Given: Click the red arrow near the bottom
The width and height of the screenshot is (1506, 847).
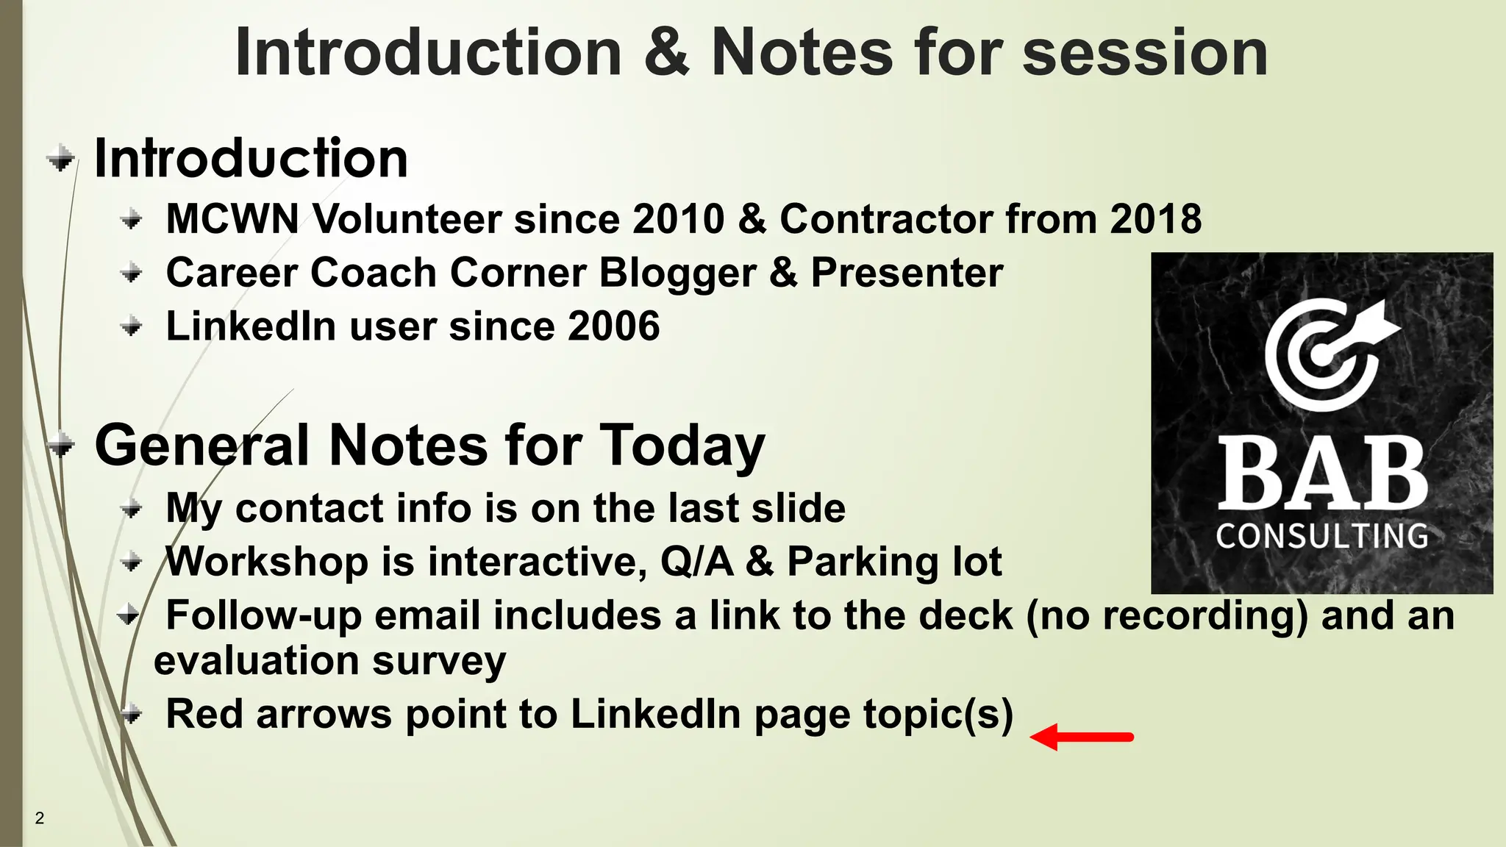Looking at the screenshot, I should point(1081,737).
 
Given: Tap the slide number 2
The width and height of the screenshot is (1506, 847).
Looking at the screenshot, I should point(40,818).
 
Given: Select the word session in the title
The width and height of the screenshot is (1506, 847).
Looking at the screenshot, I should point(1144,53).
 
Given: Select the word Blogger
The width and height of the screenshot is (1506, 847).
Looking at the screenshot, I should point(677,274).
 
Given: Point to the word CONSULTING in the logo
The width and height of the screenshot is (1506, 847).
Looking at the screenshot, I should point(1321,536).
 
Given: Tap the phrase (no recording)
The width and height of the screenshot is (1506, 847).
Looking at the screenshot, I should point(1166,616).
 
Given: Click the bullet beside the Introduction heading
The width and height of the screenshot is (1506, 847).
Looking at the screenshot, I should point(61,158).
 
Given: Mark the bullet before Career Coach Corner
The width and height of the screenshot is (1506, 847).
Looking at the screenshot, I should point(132,274).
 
